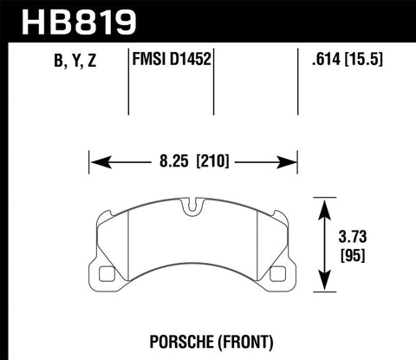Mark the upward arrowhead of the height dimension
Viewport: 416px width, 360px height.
point(324,206)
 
